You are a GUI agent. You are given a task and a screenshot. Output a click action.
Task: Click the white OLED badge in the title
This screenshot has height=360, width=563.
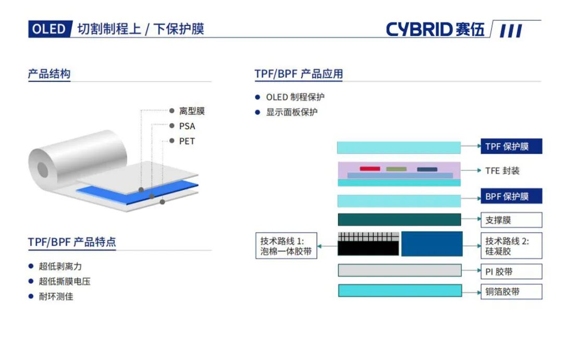50,29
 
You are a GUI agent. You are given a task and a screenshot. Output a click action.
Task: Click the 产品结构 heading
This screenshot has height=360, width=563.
49,74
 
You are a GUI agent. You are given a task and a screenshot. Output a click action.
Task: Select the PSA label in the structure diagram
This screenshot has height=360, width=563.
187,126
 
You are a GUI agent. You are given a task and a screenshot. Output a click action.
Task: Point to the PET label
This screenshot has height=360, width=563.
187,141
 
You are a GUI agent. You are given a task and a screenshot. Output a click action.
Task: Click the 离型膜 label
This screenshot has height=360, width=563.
192,111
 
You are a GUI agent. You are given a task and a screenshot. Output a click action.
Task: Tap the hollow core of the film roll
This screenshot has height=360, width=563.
43,170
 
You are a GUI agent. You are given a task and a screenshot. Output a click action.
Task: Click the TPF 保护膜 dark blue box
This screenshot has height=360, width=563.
511,146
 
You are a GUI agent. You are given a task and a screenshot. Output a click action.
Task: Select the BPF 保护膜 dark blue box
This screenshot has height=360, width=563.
511,196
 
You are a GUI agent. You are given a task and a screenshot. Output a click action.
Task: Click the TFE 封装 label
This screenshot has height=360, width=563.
503,171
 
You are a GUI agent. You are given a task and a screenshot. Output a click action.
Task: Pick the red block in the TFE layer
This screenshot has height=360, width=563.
370,169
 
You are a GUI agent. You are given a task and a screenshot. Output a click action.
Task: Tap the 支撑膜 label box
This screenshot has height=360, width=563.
511,220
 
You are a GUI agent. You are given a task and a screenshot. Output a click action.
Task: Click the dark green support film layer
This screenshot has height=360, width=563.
399,220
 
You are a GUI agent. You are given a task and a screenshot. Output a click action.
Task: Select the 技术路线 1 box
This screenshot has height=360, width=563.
286,246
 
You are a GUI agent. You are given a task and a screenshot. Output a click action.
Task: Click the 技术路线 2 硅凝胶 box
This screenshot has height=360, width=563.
511,246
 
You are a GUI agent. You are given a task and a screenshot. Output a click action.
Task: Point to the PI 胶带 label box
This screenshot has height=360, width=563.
511,272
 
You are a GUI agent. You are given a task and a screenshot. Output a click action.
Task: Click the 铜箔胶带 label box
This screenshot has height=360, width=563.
511,292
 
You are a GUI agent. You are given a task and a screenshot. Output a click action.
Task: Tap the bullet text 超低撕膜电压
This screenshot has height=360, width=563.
65,281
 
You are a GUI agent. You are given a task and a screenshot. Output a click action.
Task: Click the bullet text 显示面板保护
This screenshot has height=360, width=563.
291,112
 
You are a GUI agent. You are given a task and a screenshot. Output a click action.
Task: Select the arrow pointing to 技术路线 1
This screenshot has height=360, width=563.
328,246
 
